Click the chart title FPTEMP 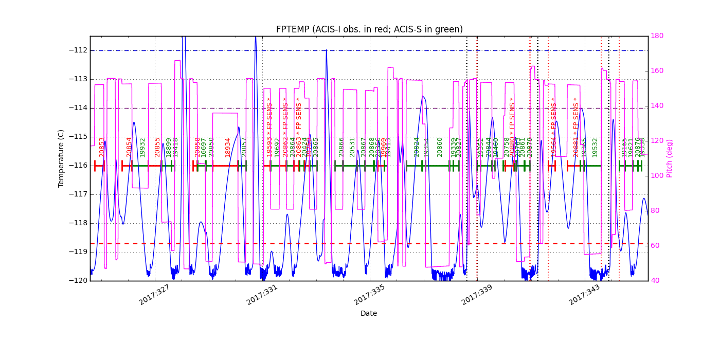point(369,29)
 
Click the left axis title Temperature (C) point(61,158)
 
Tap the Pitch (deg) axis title point(670,158)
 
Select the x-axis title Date point(369,313)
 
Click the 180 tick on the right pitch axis point(657,36)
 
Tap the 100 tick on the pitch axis point(657,176)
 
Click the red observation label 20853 point(102,147)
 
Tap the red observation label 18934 point(228,147)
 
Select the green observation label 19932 point(142,147)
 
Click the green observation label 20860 point(440,147)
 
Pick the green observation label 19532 point(595,147)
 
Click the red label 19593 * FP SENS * point(269,127)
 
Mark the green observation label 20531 point(352,147)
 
